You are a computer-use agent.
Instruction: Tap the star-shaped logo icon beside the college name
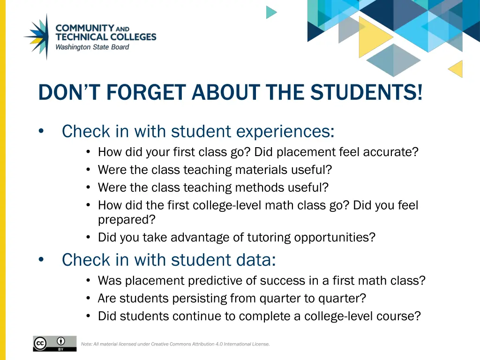click(x=37, y=36)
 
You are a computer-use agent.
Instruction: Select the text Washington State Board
click(x=92, y=47)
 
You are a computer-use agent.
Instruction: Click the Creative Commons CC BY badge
click(x=54, y=343)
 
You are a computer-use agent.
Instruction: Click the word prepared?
click(x=126, y=219)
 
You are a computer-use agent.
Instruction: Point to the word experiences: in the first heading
click(x=285, y=131)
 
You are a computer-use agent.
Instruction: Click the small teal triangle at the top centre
click(x=271, y=12)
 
